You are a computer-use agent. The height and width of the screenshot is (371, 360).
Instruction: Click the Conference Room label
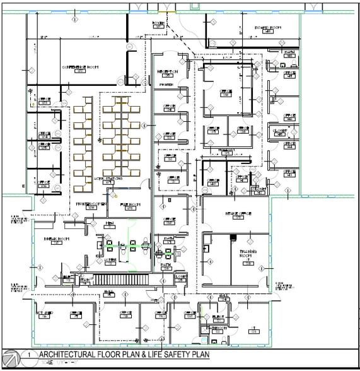[78, 66]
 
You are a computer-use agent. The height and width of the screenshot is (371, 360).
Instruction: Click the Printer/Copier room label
[90, 204]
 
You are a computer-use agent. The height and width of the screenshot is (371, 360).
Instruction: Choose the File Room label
[130, 204]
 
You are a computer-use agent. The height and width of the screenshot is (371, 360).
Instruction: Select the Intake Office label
[238, 214]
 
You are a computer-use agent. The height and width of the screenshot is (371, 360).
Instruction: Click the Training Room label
[248, 254]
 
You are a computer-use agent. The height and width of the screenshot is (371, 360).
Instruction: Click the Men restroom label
[110, 223]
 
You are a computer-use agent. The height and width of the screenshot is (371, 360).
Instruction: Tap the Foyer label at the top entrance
[158, 23]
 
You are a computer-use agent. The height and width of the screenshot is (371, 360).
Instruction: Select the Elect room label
[219, 316]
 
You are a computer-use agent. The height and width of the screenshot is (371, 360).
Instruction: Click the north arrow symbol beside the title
[9, 357]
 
